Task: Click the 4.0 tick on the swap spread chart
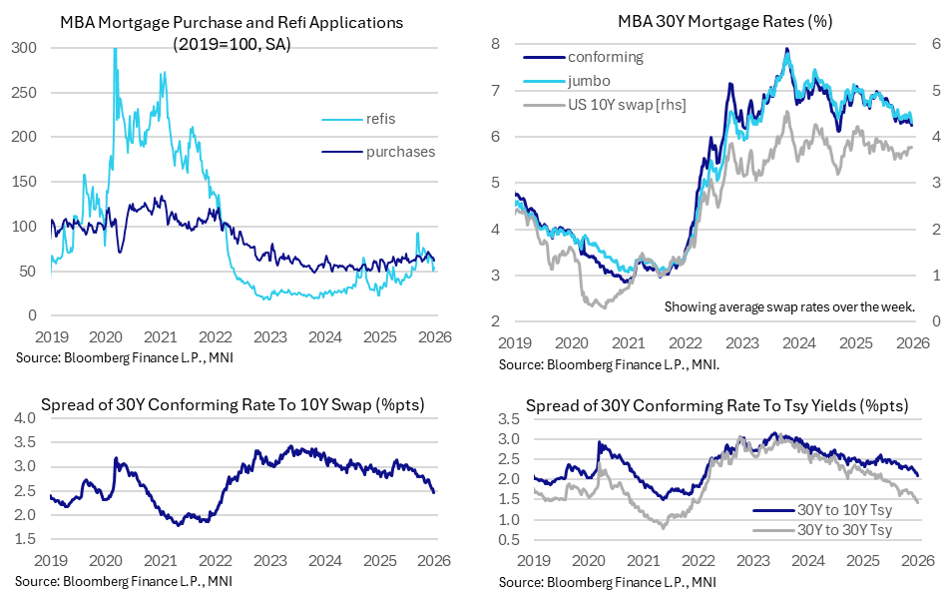point(26,417)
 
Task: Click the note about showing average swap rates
point(789,307)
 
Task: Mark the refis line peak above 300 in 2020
point(114,50)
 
